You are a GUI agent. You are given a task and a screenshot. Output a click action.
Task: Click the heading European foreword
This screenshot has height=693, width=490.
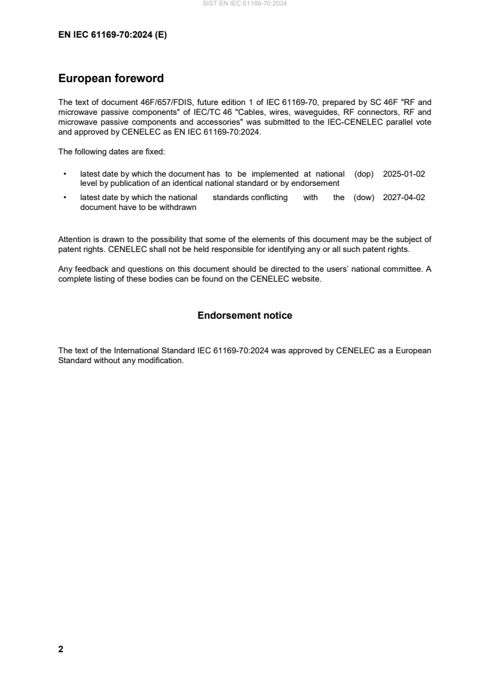[x=111, y=78]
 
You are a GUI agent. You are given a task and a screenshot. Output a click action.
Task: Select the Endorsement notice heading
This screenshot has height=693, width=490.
[x=245, y=316]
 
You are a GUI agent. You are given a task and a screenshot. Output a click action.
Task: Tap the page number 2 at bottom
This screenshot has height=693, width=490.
[x=61, y=649]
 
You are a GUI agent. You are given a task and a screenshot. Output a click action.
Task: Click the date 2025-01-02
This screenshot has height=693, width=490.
[x=404, y=174]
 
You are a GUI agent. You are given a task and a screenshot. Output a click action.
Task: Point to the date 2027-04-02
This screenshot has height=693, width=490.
[x=404, y=198]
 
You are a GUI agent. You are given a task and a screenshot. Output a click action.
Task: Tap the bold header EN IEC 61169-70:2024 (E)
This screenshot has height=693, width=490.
[x=112, y=35]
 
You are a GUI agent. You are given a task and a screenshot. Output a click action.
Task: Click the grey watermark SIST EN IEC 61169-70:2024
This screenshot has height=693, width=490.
[x=245, y=4]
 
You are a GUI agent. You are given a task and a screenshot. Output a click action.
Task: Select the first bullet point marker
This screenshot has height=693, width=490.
[x=64, y=174]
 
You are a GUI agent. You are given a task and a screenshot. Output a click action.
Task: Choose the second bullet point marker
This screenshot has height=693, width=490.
[x=64, y=198]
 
